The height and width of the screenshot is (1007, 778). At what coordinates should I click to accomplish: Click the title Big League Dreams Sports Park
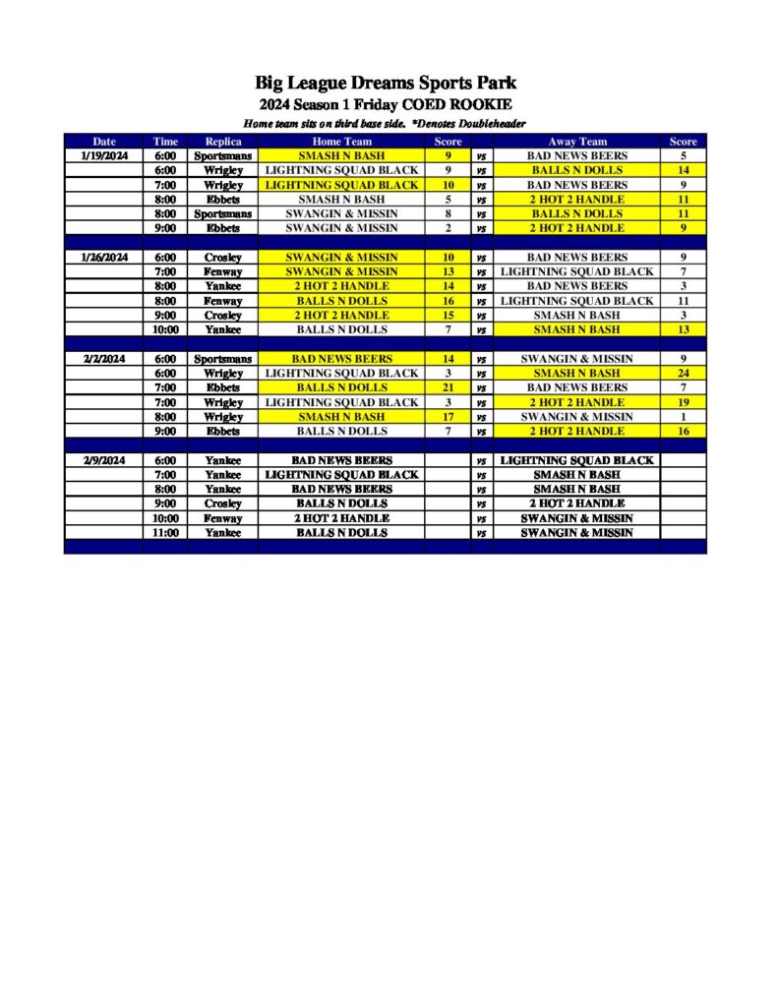coord(386,83)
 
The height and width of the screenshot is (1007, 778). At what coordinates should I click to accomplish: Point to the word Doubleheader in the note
coord(490,124)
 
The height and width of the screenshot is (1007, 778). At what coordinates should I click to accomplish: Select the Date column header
coord(103,142)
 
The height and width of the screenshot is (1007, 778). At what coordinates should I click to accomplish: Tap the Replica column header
coord(223,142)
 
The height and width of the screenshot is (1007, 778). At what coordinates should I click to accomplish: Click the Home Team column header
coord(341,142)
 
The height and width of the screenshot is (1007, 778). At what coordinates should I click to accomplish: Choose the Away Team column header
coord(576,142)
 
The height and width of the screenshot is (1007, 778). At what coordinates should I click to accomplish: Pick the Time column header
coord(165,142)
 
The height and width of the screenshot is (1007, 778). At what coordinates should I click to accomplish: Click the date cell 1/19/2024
coord(103,155)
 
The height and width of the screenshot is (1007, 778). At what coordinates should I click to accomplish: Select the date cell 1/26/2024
coord(103,258)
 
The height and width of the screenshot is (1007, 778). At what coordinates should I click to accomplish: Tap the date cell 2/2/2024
coord(103,359)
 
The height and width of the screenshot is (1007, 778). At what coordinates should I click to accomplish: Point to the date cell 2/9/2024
coord(103,460)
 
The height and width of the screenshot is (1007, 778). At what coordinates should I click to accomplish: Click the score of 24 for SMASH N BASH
coord(683,374)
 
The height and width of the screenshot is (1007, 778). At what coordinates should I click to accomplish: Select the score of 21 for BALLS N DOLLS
coord(448,387)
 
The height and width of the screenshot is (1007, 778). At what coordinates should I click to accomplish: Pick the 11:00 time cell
coord(165,532)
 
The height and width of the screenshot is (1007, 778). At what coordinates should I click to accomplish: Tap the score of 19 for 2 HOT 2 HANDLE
coord(683,402)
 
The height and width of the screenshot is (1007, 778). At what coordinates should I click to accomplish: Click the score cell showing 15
coord(448,316)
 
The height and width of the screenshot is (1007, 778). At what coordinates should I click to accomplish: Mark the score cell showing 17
coord(448,417)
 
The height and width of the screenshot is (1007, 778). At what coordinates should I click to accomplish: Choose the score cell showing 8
coord(448,213)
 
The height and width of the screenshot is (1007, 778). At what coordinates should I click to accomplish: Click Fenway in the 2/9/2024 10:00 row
coord(223,518)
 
